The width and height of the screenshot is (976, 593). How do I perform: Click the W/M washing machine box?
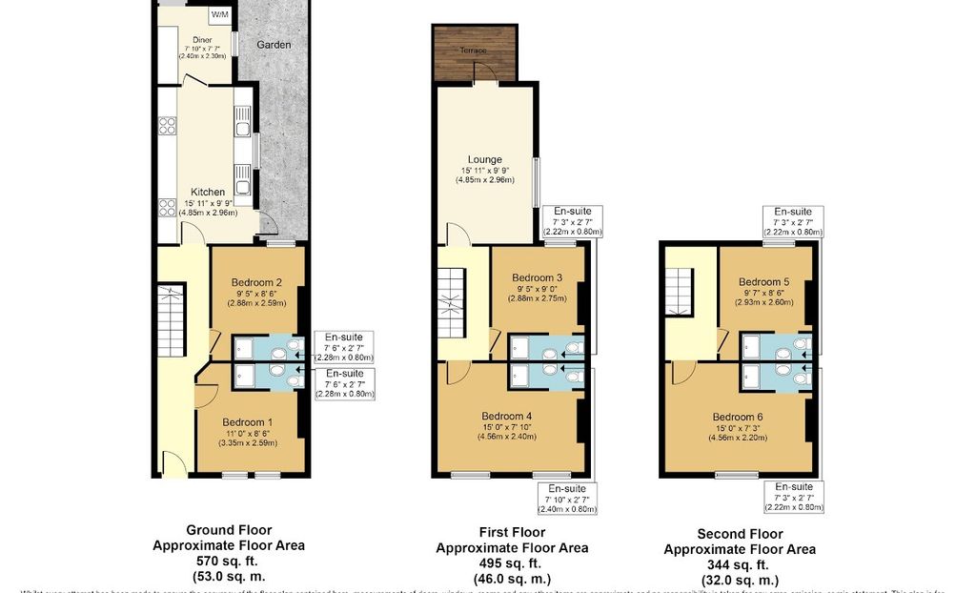tap(220, 15)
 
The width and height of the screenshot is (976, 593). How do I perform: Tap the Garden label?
tap(273, 45)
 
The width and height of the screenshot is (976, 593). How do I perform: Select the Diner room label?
tap(202, 40)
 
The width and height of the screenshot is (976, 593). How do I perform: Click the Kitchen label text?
tap(208, 193)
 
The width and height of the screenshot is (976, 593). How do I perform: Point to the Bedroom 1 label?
tap(248, 422)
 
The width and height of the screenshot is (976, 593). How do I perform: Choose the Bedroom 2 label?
tap(255, 282)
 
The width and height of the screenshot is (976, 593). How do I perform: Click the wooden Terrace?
tap(475, 53)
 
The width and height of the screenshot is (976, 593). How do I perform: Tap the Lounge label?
tap(484, 160)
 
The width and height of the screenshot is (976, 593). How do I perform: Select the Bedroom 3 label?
tap(537, 277)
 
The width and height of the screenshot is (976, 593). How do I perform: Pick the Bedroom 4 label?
tap(507, 416)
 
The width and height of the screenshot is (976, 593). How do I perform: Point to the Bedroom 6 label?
tap(738, 417)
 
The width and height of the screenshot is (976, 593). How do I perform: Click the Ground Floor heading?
tap(229, 530)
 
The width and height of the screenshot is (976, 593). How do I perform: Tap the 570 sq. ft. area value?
tap(229, 562)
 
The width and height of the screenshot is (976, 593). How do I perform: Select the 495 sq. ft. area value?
tap(512, 563)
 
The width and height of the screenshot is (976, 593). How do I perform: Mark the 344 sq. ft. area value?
tap(739, 564)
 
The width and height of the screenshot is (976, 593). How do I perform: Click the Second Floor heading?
tap(739, 534)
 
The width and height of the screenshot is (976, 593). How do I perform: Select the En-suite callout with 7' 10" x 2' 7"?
tap(566, 498)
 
